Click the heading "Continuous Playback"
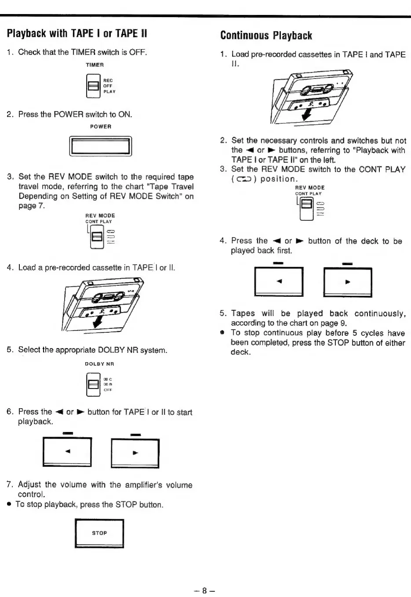click(x=266, y=36)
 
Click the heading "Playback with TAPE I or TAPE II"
click(x=77, y=33)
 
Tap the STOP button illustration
click(x=99, y=533)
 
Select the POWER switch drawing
click(x=101, y=146)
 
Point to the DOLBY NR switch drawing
click(x=93, y=384)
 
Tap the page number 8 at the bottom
click(x=204, y=590)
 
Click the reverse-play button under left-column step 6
click(x=67, y=452)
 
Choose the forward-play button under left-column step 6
click(x=135, y=453)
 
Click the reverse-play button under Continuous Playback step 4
click(x=279, y=281)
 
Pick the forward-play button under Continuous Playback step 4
click(x=347, y=282)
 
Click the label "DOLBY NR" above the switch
click(x=99, y=364)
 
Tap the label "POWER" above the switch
click(x=101, y=126)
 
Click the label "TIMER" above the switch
click(x=95, y=65)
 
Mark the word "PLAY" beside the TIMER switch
click(x=109, y=92)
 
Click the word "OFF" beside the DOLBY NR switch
click(x=108, y=390)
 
